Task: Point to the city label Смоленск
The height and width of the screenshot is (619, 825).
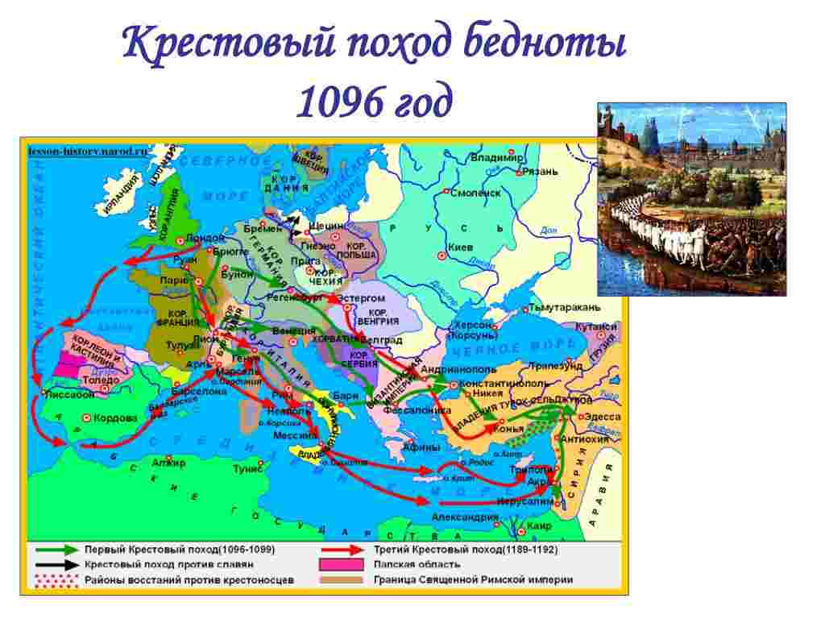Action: pos(475,193)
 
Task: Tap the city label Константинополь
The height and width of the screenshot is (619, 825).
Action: pos(505,383)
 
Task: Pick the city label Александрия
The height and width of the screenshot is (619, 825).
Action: pos(465,517)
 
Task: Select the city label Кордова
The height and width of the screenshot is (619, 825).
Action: pos(115,418)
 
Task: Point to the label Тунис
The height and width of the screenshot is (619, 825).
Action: pos(248,467)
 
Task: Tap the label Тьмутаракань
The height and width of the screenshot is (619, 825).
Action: pos(564,307)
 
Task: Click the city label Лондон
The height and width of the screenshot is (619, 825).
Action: pos(205,238)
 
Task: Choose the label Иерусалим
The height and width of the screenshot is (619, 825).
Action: pos(528,501)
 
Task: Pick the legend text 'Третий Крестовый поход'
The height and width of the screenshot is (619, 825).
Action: pos(436,549)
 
